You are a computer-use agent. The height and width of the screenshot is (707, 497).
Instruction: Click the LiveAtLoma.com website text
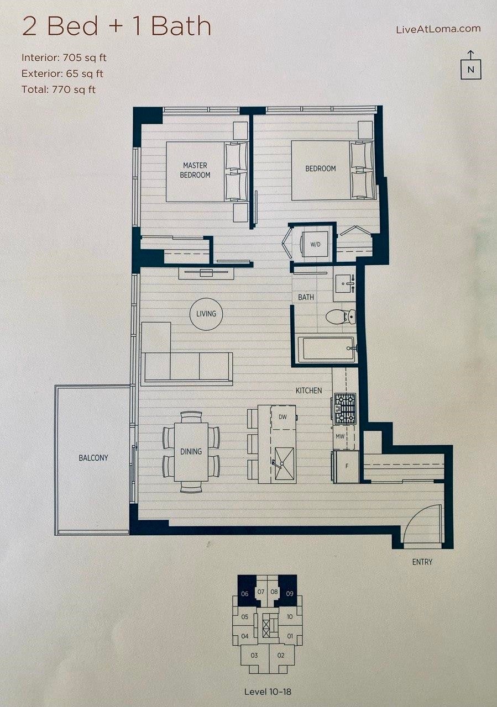point(438,29)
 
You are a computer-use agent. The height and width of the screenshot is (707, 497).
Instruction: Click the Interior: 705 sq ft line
point(68,57)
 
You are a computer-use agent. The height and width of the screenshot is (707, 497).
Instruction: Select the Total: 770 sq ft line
point(59,89)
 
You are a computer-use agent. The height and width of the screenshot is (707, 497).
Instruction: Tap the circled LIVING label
point(206,314)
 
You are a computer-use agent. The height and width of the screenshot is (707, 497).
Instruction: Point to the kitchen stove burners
point(345,408)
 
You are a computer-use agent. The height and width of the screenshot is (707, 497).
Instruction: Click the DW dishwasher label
point(282,417)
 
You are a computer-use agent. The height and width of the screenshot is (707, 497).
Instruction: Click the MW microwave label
point(340,437)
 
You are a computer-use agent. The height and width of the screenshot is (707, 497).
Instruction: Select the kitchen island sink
point(285,456)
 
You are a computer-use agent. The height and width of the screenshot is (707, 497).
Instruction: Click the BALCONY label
point(93,458)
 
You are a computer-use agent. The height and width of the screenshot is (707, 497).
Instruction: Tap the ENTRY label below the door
point(422,562)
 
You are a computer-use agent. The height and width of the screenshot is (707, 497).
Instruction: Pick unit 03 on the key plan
point(254,656)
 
